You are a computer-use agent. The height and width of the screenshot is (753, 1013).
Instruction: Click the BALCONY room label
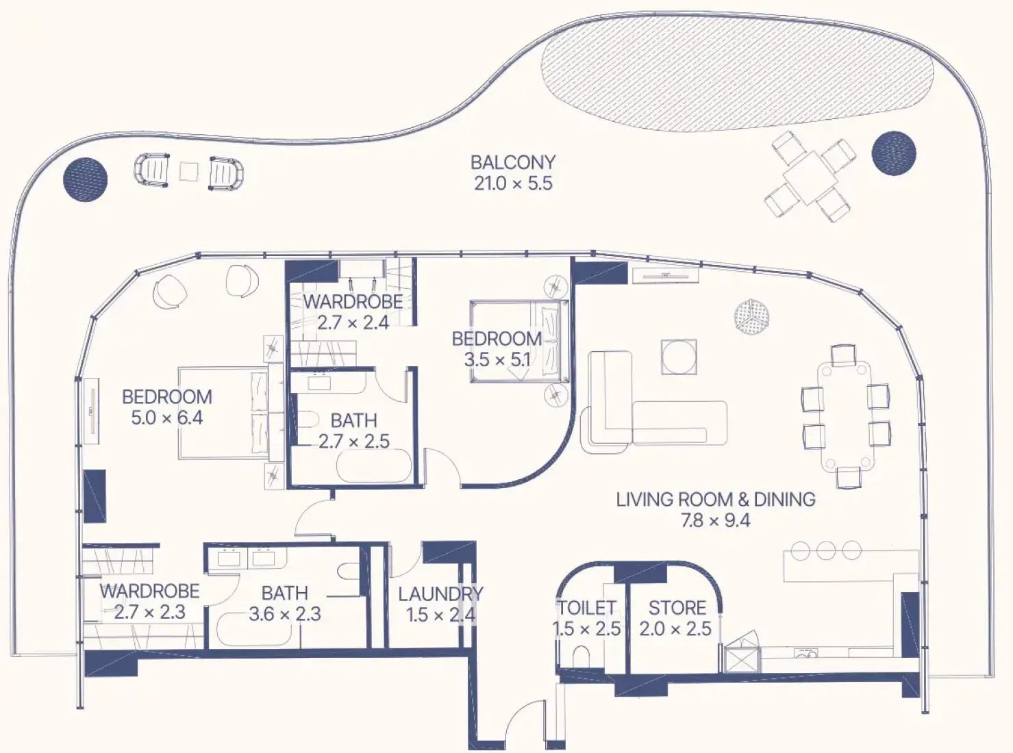pyautogui.click(x=513, y=162)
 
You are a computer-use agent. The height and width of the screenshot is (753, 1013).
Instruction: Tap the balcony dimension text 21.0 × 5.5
pyautogui.click(x=513, y=183)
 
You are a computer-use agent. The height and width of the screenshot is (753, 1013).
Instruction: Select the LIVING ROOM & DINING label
pyautogui.click(x=716, y=500)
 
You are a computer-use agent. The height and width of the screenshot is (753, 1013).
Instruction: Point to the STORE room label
pyautogui.click(x=677, y=609)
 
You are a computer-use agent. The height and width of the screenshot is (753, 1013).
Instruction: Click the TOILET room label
pyautogui.click(x=587, y=609)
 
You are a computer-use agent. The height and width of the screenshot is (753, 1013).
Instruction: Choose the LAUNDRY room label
pyautogui.click(x=440, y=594)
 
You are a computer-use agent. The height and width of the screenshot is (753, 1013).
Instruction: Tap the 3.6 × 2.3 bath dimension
pyautogui.click(x=285, y=614)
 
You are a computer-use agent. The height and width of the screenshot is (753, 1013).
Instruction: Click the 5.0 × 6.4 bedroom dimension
pyautogui.click(x=167, y=418)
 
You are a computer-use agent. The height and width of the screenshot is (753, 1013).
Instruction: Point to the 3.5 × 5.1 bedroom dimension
pyautogui.click(x=497, y=360)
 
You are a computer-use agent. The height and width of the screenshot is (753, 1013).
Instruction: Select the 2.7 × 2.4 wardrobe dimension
pyautogui.click(x=353, y=323)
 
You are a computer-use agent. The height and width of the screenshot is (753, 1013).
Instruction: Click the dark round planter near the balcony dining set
pyautogui.click(x=894, y=153)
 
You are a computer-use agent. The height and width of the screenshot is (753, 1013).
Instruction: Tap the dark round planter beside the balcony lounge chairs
pyautogui.click(x=86, y=179)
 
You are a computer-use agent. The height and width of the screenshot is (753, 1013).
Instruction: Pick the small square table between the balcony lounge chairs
pyautogui.click(x=188, y=172)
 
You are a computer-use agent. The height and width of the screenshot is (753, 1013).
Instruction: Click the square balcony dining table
pyautogui.click(x=810, y=178)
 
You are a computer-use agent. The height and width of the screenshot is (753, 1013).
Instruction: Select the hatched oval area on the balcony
pyautogui.click(x=737, y=76)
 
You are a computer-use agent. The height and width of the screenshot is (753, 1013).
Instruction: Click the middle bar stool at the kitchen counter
pyautogui.click(x=826, y=550)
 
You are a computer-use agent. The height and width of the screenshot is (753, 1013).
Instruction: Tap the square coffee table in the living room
pyautogui.click(x=679, y=357)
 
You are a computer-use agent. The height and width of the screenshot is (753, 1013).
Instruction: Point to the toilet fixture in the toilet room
pyautogui.click(x=581, y=656)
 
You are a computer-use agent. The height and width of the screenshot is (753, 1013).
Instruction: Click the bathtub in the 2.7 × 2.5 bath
pyautogui.click(x=374, y=465)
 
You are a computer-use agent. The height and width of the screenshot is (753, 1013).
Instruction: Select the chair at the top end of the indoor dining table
pyautogui.click(x=843, y=355)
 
